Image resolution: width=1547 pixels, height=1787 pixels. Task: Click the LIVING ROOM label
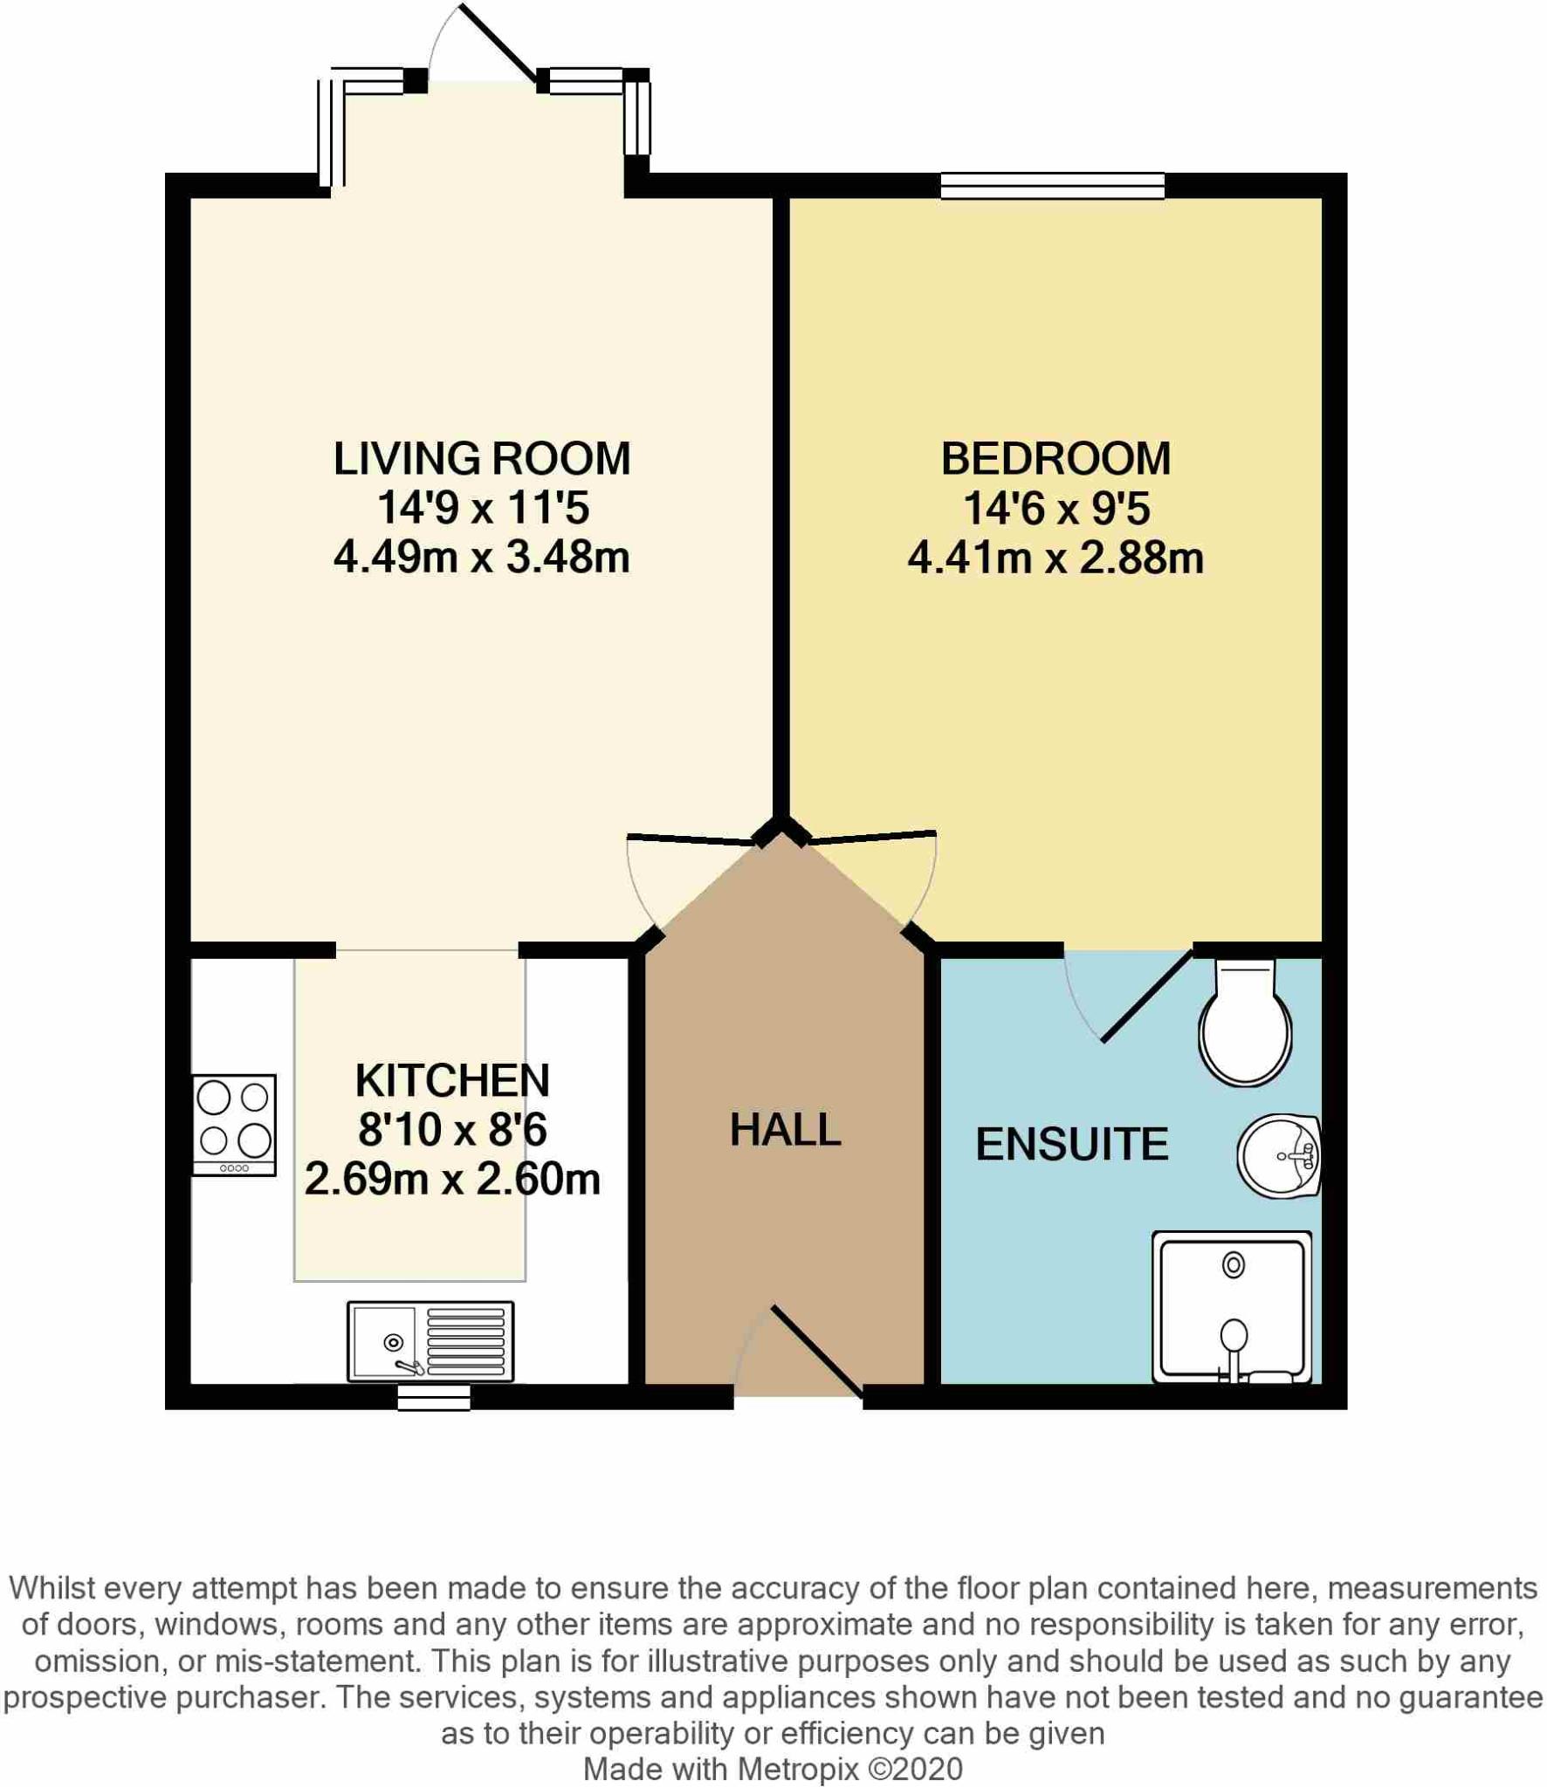pyautogui.click(x=482, y=459)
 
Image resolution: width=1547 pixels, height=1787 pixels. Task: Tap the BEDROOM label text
pyautogui.click(x=1055, y=459)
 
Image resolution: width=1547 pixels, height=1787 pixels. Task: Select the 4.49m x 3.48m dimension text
pyautogui.click(x=482, y=558)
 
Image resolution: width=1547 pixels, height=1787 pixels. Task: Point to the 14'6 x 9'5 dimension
pyautogui.click(x=1055, y=509)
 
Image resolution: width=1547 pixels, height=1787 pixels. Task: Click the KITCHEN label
pyautogui.click(x=452, y=1081)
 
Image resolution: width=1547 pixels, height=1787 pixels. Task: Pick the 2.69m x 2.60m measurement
pyautogui.click(x=452, y=1180)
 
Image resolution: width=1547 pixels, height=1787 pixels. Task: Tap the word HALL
pyautogui.click(x=785, y=1130)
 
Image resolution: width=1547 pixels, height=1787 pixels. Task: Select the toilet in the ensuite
pyautogui.click(x=1246, y=1025)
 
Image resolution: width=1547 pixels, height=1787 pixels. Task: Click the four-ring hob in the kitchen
pyautogui.click(x=234, y=1125)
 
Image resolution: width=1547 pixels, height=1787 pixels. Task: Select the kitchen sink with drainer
pyautogui.click(x=430, y=1342)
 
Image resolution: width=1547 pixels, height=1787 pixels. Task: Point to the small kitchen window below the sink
pyautogui.click(x=434, y=1398)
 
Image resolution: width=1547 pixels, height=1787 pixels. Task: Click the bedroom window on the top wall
pyautogui.click(x=1052, y=186)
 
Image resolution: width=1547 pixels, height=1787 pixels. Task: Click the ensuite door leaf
pyautogui.click(x=1147, y=996)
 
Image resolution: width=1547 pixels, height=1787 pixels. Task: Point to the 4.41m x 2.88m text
pyautogui.click(x=1055, y=558)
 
